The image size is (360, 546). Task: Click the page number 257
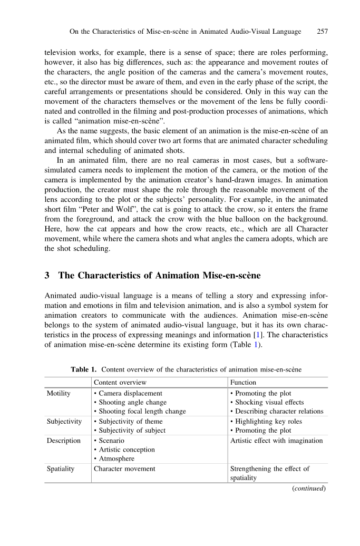[322, 32]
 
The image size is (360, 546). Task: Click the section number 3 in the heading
[48, 276]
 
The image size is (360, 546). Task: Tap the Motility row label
[59, 393]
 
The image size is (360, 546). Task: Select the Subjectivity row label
[64, 422]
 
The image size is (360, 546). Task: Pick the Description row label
[64, 441]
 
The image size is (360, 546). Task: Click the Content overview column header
[120, 383]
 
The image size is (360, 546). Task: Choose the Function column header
[243, 383]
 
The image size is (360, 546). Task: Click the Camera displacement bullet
[128, 393]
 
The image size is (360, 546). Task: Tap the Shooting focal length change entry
[139, 412]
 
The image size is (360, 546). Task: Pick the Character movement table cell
[124, 469]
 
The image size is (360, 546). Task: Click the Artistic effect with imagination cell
[277, 441]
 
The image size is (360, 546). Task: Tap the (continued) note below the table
[309, 488]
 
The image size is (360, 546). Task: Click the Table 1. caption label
[84, 369]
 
